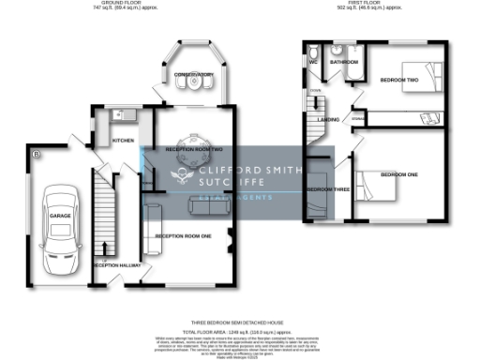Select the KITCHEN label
[x=124, y=140]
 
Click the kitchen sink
[x=119, y=114]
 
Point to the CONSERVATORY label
[x=193, y=74]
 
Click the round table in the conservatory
[x=194, y=82]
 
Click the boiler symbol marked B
[x=37, y=154]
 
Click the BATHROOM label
[x=344, y=63]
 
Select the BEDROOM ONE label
[x=398, y=174]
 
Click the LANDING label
[x=328, y=119]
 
